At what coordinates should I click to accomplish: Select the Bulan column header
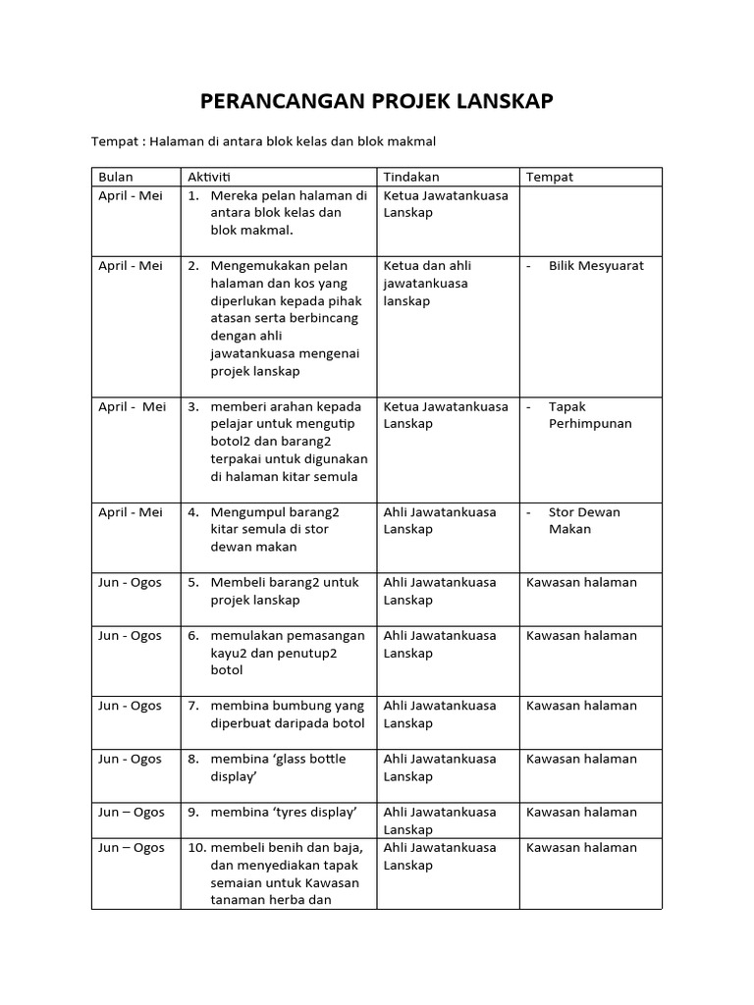tap(116, 177)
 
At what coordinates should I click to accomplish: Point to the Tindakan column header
tap(411, 177)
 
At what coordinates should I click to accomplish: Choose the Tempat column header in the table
tap(550, 177)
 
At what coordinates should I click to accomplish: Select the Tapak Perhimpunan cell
tap(589, 415)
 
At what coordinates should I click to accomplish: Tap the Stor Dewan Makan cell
tap(584, 520)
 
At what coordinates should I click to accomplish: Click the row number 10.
tap(195, 848)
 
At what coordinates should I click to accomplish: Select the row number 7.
tap(193, 706)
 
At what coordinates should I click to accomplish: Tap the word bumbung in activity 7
tap(301, 706)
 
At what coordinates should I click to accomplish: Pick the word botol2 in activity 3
tap(231, 442)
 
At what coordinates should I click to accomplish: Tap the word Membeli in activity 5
tap(237, 582)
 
